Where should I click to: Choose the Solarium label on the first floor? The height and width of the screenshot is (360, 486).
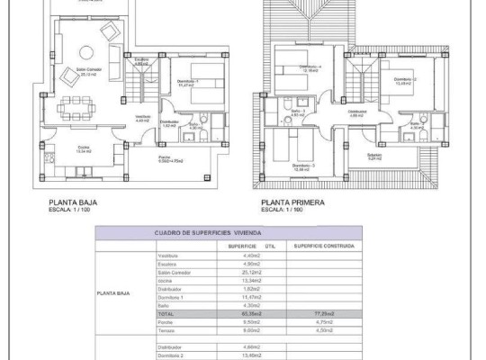pos(374,155)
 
